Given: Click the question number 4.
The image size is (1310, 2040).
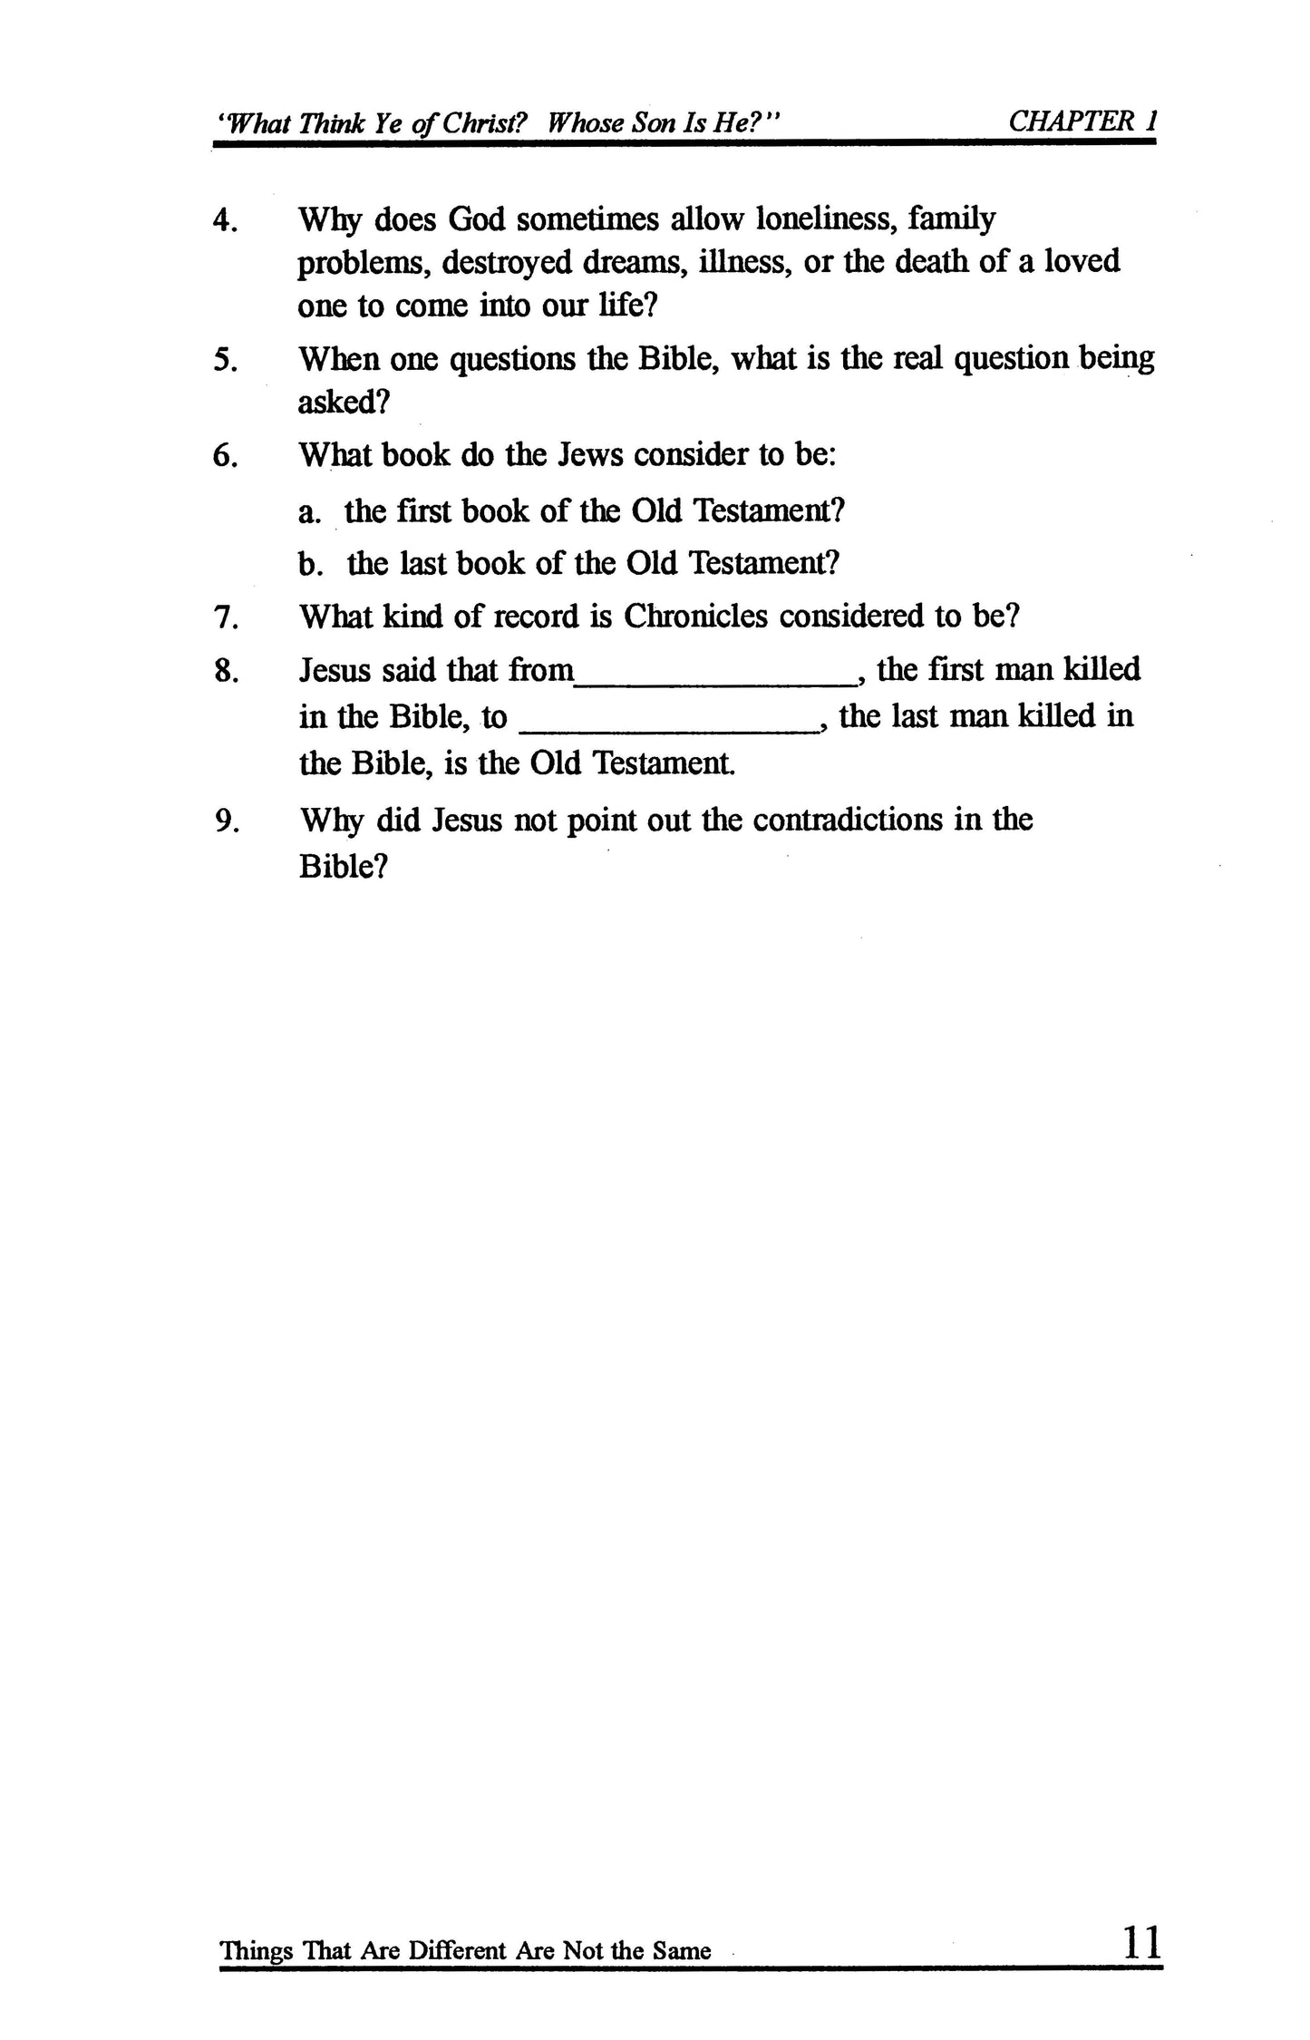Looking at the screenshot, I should (x=223, y=221).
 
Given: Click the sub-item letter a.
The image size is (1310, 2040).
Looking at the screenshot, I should (x=308, y=513).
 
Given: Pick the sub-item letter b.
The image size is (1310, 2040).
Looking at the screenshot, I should (x=308, y=564).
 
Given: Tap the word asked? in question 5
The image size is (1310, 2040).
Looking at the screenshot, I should (x=344, y=403).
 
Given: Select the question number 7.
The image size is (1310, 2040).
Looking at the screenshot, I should (x=224, y=618).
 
